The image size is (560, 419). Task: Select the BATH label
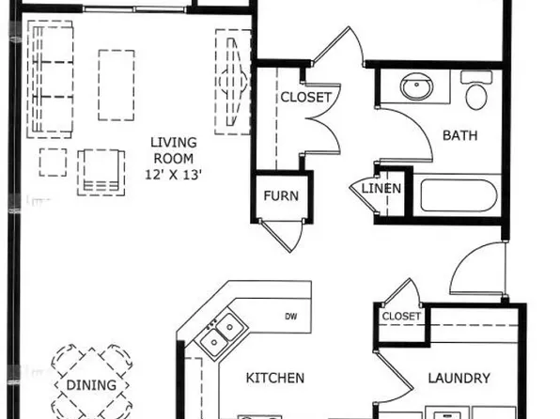(x=460, y=135)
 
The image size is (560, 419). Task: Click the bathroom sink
(x=415, y=89)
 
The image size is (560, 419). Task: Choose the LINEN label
(x=382, y=189)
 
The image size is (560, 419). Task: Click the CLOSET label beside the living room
(x=305, y=98)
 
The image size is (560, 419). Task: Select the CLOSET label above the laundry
(x=401, y=317)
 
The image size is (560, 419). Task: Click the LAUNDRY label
(x=459, y=379)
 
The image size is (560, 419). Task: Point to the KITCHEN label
(x=274, y=379)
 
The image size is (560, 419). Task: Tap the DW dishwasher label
(x=290, y=317)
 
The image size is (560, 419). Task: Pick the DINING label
(x=91, y=385)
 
